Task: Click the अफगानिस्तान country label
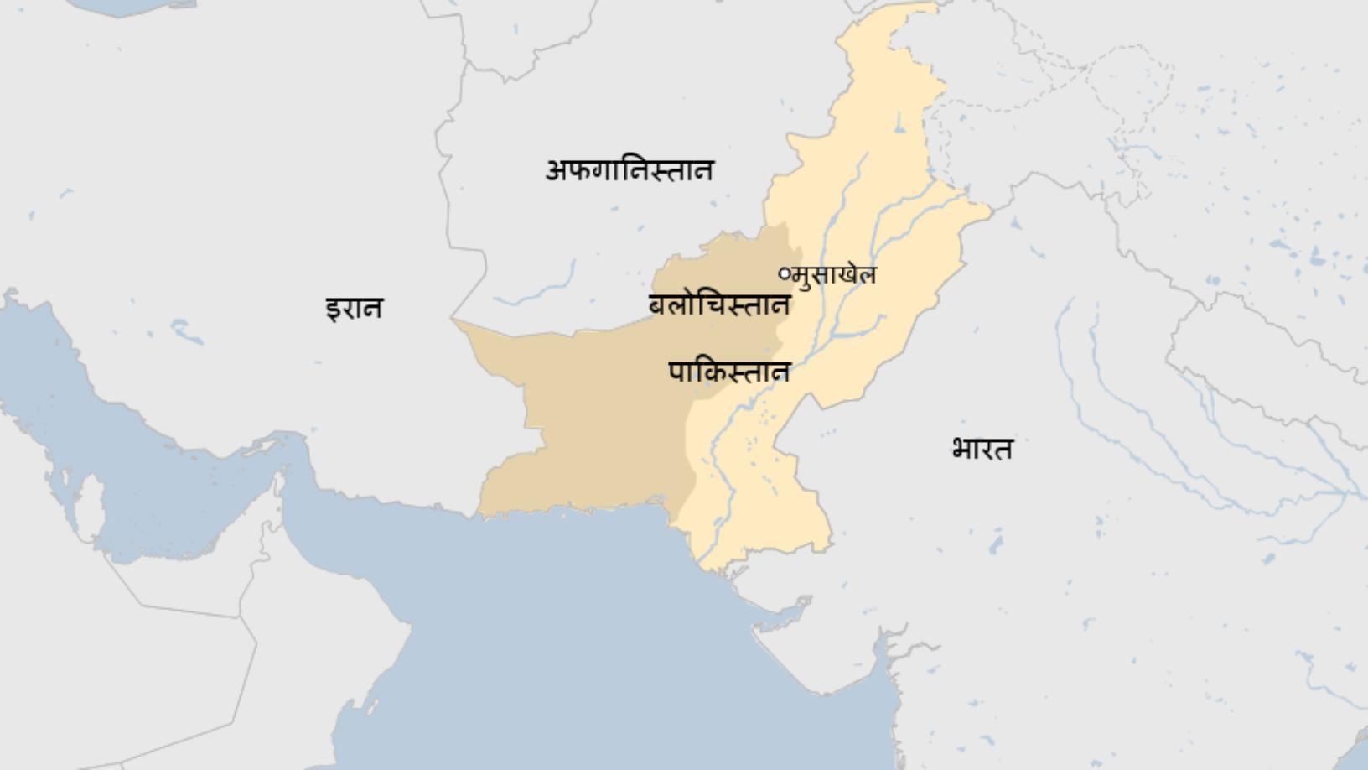coord(629,170)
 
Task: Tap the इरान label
coord(354,308)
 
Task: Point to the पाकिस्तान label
coord(729,371)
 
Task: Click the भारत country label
coord(982,449)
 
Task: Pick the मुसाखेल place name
coord(836,274)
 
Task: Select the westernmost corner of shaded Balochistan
coord(453,320)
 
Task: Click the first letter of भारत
coord(961,450)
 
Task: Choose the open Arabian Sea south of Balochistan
coord(587,621)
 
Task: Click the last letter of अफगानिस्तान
coord(702,170)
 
